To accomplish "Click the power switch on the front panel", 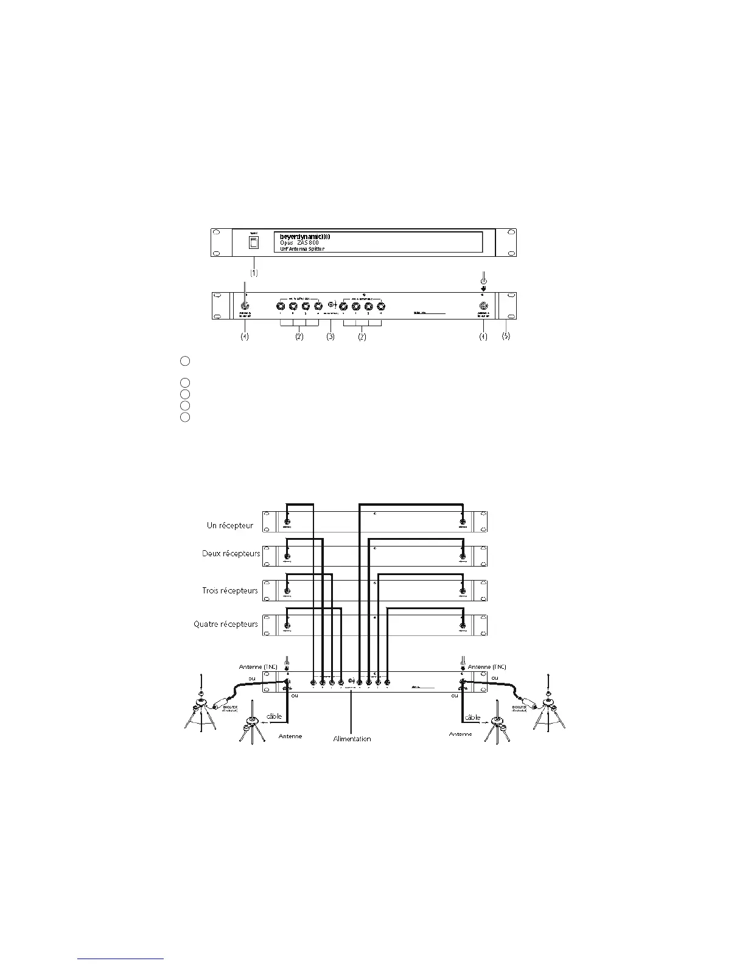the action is click(x=254, y=243).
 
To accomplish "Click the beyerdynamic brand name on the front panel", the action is click(x=305, y=236).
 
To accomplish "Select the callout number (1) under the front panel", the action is click(x=254, y=273).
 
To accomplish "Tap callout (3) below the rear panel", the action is click(x=331, y=336).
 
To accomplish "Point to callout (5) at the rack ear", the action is click(x=506, y=336).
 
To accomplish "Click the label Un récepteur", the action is click(x=230, y=525).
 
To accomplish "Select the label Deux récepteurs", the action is click(x=231, y=554).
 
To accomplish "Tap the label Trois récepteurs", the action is click(x=230, y=590).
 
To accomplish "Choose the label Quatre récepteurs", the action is click(x=226, y=624).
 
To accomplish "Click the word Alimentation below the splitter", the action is click(x=352, y=739).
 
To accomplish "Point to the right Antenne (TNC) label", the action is click(x=487, y=667).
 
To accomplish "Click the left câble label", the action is click(x=275, y=716).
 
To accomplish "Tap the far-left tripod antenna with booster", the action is click(x=199, y=711).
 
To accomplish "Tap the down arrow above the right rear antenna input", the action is click(x=484, y=290).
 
